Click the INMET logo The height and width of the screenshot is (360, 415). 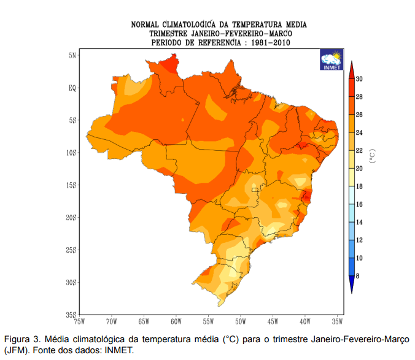tap(331, 60)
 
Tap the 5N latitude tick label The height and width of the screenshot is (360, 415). tap(72, 55)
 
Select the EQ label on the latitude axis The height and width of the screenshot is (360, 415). tap(72, 88)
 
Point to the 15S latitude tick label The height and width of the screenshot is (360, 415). tap(71, 185)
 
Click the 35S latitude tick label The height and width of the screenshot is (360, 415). tap(71, 315)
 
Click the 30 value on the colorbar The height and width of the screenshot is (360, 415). tap(359, 79)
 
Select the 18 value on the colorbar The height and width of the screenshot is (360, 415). tap(359, 186)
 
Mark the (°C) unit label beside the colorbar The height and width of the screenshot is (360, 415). tap(371, 156)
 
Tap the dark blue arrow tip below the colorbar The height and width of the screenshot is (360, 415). tap(351, 285)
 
